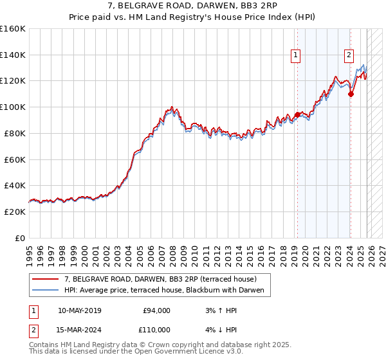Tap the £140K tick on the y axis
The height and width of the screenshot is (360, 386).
pos(13,55)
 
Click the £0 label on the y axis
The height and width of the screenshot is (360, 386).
pos(20,238)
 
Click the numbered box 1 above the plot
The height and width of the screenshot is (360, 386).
pos(295,55)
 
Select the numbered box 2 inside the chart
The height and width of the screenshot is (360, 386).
pos(349,55)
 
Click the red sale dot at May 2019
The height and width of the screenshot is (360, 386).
pos(297,115)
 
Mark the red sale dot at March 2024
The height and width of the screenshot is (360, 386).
pos(351,94)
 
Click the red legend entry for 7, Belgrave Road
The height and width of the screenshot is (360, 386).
pos(161,279)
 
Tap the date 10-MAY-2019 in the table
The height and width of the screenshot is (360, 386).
pos(79,310)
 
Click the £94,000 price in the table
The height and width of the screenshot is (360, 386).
pos(156,310)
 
